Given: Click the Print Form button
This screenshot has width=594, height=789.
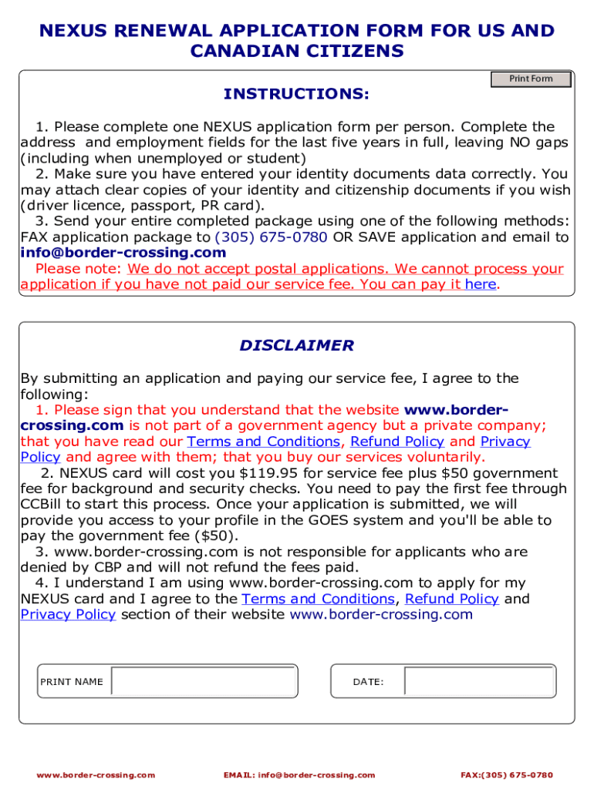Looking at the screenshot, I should [x=531, y=79].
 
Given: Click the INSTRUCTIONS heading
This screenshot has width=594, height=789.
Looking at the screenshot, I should [x=296, y=94].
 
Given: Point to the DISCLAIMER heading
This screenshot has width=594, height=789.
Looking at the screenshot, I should [x=296, y=346].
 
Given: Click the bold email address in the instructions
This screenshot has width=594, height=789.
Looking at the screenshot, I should [x=123, y=253].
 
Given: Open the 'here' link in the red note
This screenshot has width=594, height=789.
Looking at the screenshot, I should [x=481, y=284].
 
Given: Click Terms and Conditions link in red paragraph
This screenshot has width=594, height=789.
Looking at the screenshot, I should [x=263, y=442].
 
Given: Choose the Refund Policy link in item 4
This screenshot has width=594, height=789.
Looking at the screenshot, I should [x=451, y=599].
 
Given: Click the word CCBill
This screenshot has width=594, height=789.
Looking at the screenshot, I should [x=43, y=505].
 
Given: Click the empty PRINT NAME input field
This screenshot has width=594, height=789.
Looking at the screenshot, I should [x=204, y=682].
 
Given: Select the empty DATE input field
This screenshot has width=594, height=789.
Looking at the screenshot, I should [x=478, y=682].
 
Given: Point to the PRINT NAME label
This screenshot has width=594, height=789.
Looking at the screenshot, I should [x=71, y=682].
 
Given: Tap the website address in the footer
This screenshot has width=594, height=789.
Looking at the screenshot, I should [x=96, y=774].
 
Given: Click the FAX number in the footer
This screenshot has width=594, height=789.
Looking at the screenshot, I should [x=506, y=774].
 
